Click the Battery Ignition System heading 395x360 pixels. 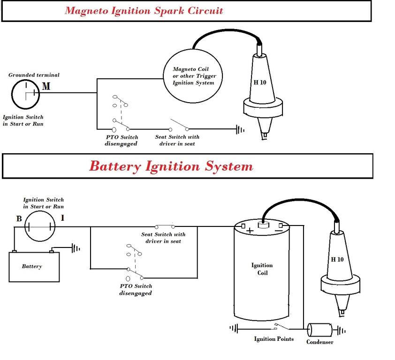coord(171,166)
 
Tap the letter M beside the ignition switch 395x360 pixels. coord(46,86)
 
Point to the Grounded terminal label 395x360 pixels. coord(34,75)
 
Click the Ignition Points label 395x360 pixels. coord(274,339)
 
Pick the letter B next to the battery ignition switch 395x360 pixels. coord(18,218)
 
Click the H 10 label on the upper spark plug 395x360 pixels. coord(259,82)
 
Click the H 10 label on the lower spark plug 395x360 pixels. coord(337,259)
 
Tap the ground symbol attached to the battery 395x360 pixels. coord(76,248)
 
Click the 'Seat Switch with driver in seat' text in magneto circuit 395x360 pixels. coord(177,140)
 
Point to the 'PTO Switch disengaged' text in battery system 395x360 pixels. coord(136,289)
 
